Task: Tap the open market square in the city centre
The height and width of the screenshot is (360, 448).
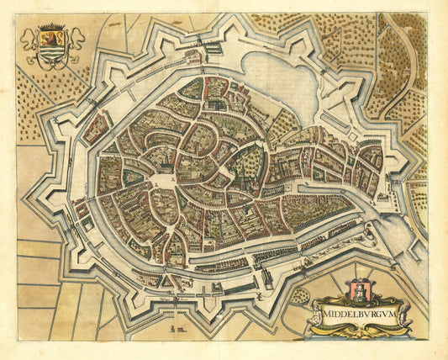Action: pos(165,180)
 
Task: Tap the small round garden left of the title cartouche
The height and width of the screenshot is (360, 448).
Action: pos(299,294)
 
